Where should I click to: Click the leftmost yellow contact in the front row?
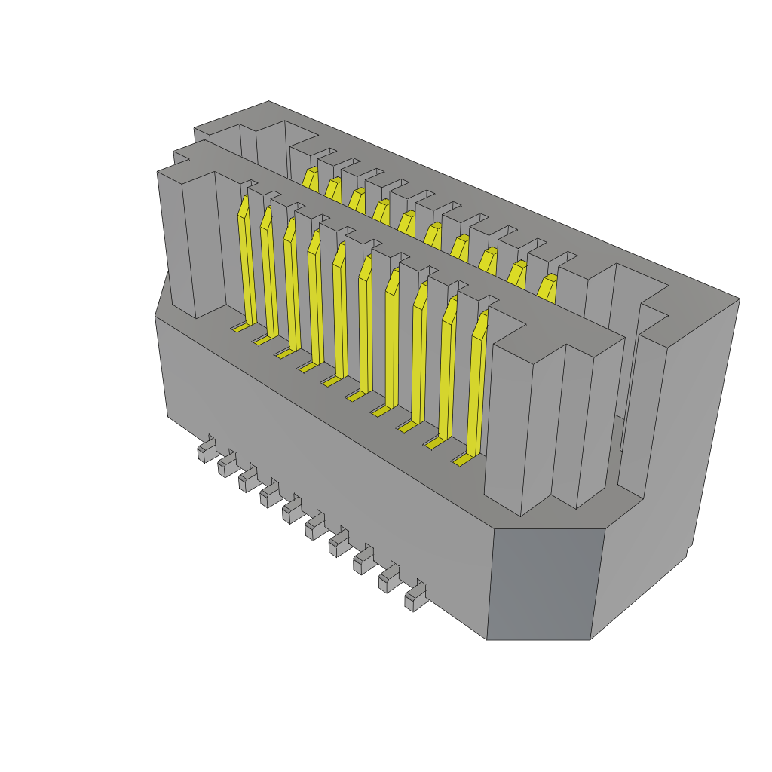(247, 264)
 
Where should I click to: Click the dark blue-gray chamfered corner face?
(544, 584)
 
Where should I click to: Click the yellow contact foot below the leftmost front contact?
(240, 328)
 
